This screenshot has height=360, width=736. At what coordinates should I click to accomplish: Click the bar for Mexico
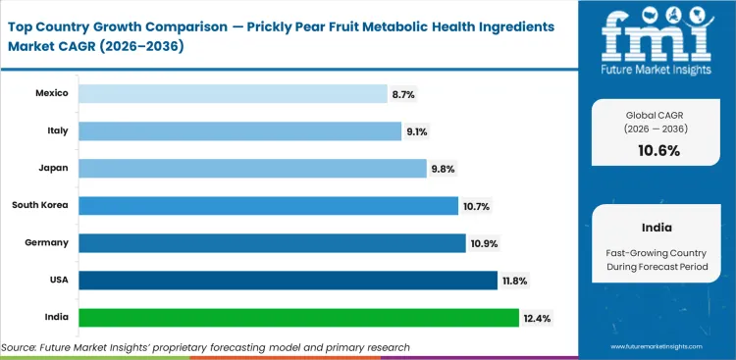tap(233, 93)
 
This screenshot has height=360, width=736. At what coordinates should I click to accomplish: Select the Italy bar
tap(240, 130)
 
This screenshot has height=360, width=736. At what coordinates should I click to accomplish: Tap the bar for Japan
tap(252, 169)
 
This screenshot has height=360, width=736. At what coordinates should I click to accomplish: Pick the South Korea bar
tap(268, 206)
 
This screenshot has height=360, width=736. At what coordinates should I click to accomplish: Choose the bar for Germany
tap(272, 243)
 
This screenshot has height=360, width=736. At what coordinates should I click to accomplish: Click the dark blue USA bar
tap(288, 281)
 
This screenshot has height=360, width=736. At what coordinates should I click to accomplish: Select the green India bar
tap(298, 318)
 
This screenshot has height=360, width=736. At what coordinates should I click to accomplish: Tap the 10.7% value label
tap(477, 206)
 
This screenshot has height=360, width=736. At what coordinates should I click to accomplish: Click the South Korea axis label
tap(39, 205)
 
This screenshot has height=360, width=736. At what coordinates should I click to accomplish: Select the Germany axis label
tap(46, 242)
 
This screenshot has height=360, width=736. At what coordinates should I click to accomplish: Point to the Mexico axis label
tap(52, 92)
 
